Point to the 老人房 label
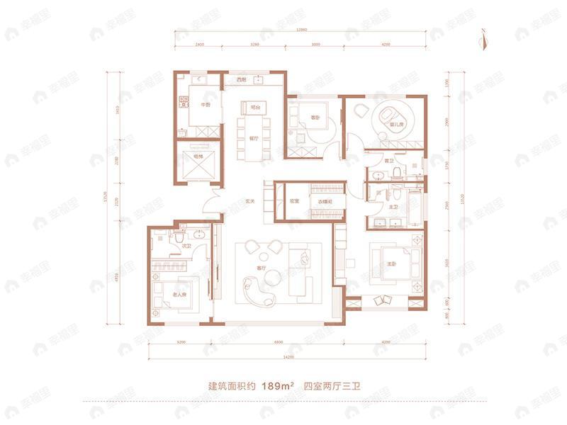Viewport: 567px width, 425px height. pos(179,294)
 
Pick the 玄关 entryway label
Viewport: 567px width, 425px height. pos(250,201)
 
